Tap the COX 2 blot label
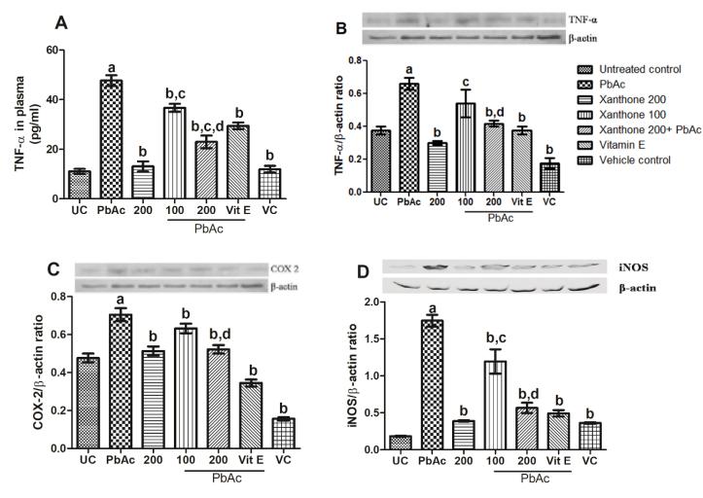point(281,267)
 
